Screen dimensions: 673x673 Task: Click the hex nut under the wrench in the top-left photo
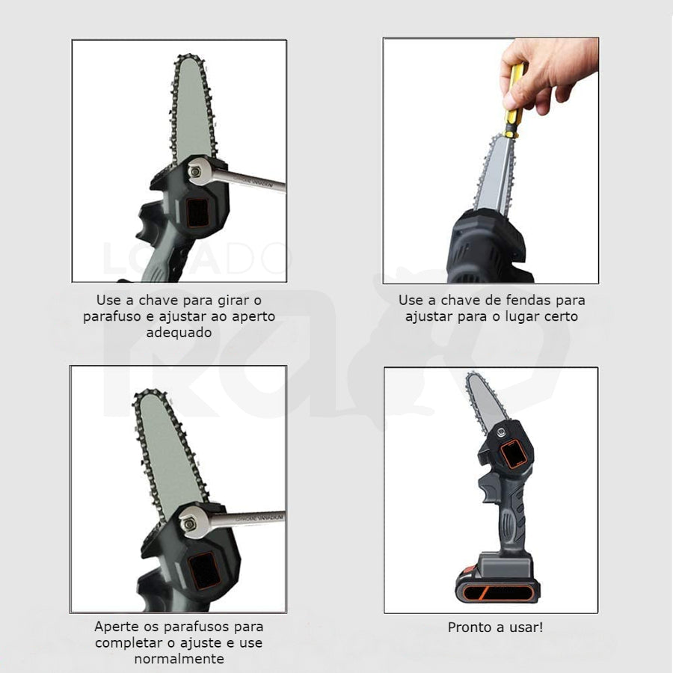[196, 172]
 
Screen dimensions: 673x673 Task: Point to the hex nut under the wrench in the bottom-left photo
[188, 523]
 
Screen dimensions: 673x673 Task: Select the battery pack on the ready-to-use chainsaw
[498, 580]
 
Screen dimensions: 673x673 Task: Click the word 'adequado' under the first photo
[179, 333]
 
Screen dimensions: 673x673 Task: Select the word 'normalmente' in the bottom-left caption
[179, 658]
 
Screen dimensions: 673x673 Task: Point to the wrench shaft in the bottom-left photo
[248, 517]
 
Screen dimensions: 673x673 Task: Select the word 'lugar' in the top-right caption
[523, 317]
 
